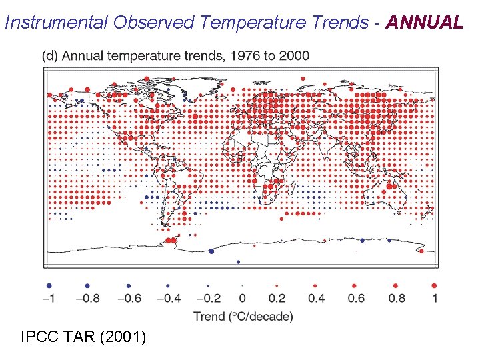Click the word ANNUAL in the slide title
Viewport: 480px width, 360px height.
coord(424,23)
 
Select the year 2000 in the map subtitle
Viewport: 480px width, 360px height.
coord(294,55)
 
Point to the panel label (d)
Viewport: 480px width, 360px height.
coord(50,55)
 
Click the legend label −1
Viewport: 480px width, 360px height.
coord(49,298)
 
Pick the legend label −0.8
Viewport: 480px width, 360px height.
coord(87,298)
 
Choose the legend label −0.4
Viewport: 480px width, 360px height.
coord(167,298)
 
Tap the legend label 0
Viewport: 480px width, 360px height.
coord(242,298)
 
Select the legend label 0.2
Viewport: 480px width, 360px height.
coord(277,298)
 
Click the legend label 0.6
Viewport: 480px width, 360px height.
coord(357,298)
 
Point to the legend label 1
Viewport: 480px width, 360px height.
coord(435,298)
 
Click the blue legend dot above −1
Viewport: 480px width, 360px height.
coord(49,285)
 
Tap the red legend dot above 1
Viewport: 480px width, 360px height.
coord(435,285)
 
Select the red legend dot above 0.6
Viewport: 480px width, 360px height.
coord(357,285)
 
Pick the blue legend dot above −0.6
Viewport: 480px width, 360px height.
coord(128,285)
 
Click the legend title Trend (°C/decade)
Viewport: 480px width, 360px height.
coord(243,316)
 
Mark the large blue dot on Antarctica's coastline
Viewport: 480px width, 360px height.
coord(211,251)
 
